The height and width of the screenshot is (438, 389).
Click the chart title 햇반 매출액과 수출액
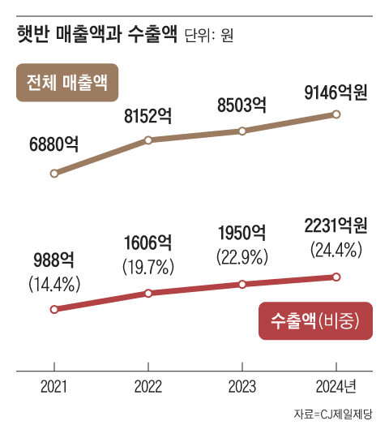pos(96,36)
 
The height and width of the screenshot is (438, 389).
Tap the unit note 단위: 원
pos(209,37)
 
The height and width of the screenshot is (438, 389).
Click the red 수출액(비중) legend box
pos(313,322)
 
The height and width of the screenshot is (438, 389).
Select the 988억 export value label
pos(54,261)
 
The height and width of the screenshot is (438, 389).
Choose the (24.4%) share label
pos(336,251)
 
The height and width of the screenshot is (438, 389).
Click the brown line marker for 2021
pos(54,173)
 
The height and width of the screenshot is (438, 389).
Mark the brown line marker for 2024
pos(336,114)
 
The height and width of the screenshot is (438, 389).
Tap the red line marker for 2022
pos(148,293)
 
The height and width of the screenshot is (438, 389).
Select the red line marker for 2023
pos(242,284)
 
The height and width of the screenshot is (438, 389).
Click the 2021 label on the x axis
pos(54,385)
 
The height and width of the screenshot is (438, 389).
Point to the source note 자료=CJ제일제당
pos(332,414)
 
